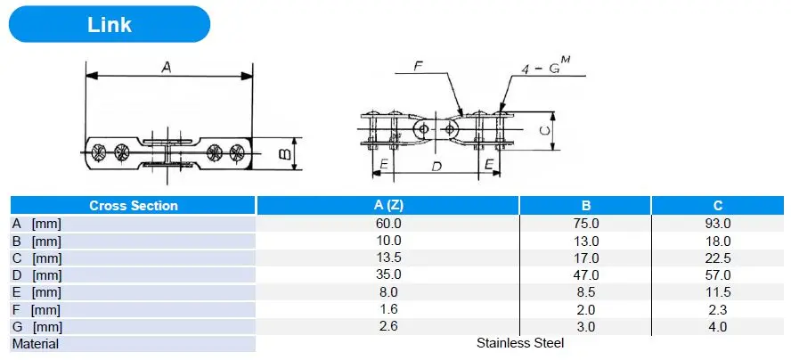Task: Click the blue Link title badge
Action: (x=110, y=24)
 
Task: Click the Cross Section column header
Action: (x=134, y=206)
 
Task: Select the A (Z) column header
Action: (x=388, y=206)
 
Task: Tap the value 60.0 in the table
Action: (x=388, y=223)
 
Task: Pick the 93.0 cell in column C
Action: (x=718, y=223)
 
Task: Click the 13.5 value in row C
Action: (x=388, y=258)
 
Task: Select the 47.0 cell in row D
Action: (x=586, y=275)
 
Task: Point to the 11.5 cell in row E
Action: (x=718, y=292)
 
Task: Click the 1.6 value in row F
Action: (x=388, y=309)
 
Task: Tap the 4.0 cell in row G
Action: (x=718, y=327)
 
